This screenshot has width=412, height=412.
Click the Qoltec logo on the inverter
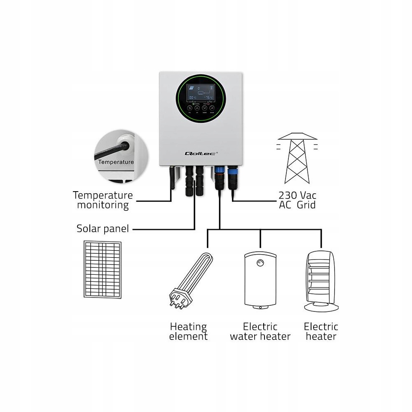pos(201,153)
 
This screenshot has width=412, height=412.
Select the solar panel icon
pos(103,270)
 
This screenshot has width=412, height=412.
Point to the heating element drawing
pos(191,280)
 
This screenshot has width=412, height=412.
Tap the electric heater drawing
pos(321,280)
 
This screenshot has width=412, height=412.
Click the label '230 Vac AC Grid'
pos(297,199)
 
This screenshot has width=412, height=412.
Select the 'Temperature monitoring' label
pos(103,200)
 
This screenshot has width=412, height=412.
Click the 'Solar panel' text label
pos(103,228)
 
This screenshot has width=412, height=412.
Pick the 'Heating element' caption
pos(189,331)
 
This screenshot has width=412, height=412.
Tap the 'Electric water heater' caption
pos(260,331)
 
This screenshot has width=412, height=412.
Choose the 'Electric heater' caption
pos(321,331)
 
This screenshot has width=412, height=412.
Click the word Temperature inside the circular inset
pos(116,162)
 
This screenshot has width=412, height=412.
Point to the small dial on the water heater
pos(260,263)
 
